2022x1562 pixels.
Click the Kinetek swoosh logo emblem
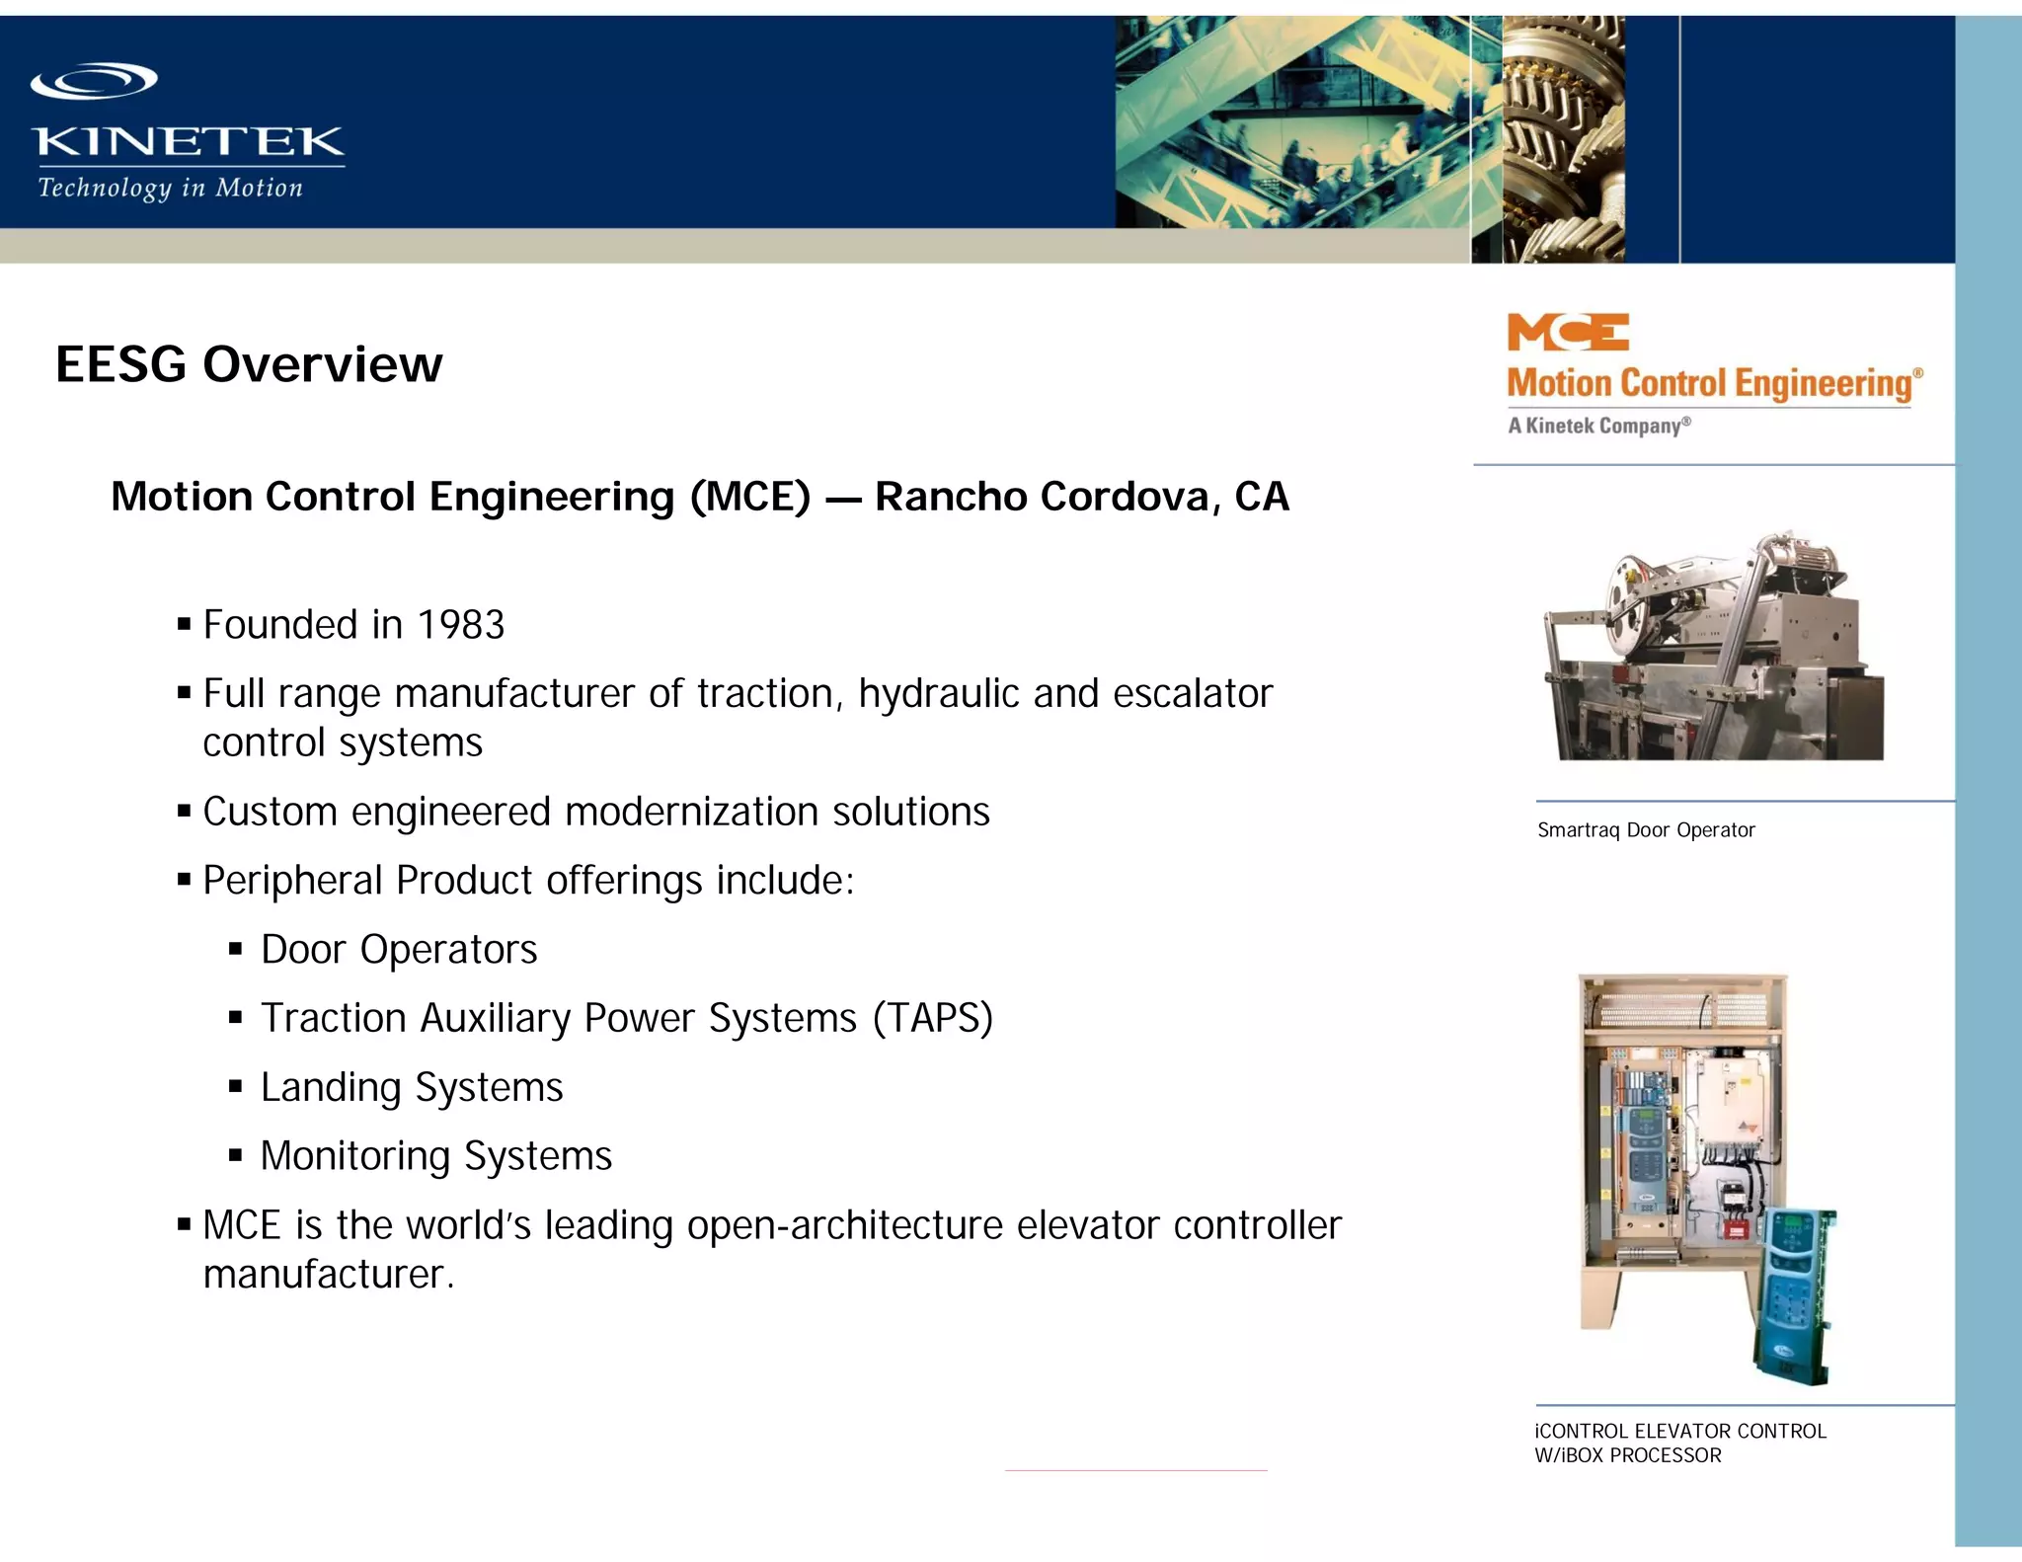94,81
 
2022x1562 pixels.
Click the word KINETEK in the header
188,142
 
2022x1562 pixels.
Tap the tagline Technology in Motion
170,188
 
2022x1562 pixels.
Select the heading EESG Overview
249,364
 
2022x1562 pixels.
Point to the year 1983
460,625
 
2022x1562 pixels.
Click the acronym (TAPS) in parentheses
932,1019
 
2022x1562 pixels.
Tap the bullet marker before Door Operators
235,950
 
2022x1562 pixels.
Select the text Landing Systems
412,1088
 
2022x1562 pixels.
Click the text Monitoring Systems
435,1156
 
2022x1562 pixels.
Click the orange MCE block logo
1567,333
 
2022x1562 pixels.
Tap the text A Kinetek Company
1598,427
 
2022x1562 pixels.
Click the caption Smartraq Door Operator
1646,830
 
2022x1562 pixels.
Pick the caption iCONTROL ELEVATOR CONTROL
1680,1432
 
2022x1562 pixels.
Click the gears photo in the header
1562,138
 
